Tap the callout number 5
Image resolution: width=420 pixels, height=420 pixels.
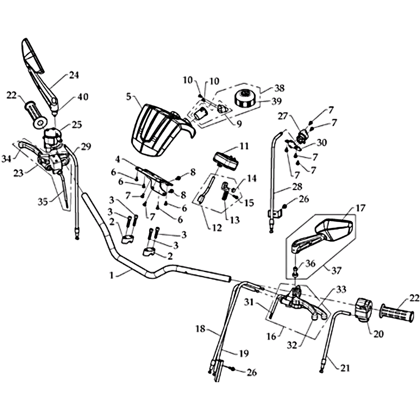[x=129, y=96]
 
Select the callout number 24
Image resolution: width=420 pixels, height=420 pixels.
[x=73, y=75]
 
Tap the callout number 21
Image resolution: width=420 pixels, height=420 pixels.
[x=344, y=368]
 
